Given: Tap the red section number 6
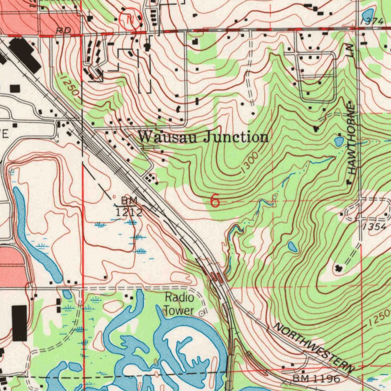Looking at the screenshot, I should (215, 201).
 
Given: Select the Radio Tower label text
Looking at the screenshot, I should (179, 304).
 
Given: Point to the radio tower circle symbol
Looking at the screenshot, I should (202, 313).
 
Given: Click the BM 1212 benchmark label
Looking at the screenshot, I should (129, 207).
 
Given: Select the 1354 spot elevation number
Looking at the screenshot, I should (375, 226).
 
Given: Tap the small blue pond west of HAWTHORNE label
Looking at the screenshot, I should (339, 142).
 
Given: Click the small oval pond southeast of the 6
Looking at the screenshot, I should (292, 247).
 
